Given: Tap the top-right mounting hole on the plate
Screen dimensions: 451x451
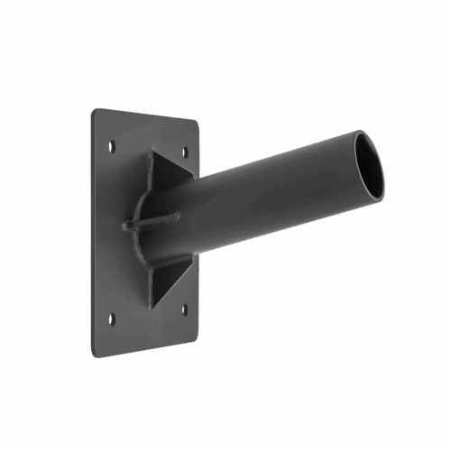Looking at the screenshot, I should (x=187, y=152).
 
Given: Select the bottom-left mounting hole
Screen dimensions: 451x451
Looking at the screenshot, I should (x=113, y=318).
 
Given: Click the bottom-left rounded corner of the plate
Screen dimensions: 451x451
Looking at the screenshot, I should (x=94, y=353).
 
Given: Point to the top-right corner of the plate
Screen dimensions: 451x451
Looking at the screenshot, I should (x=198, y=122).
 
